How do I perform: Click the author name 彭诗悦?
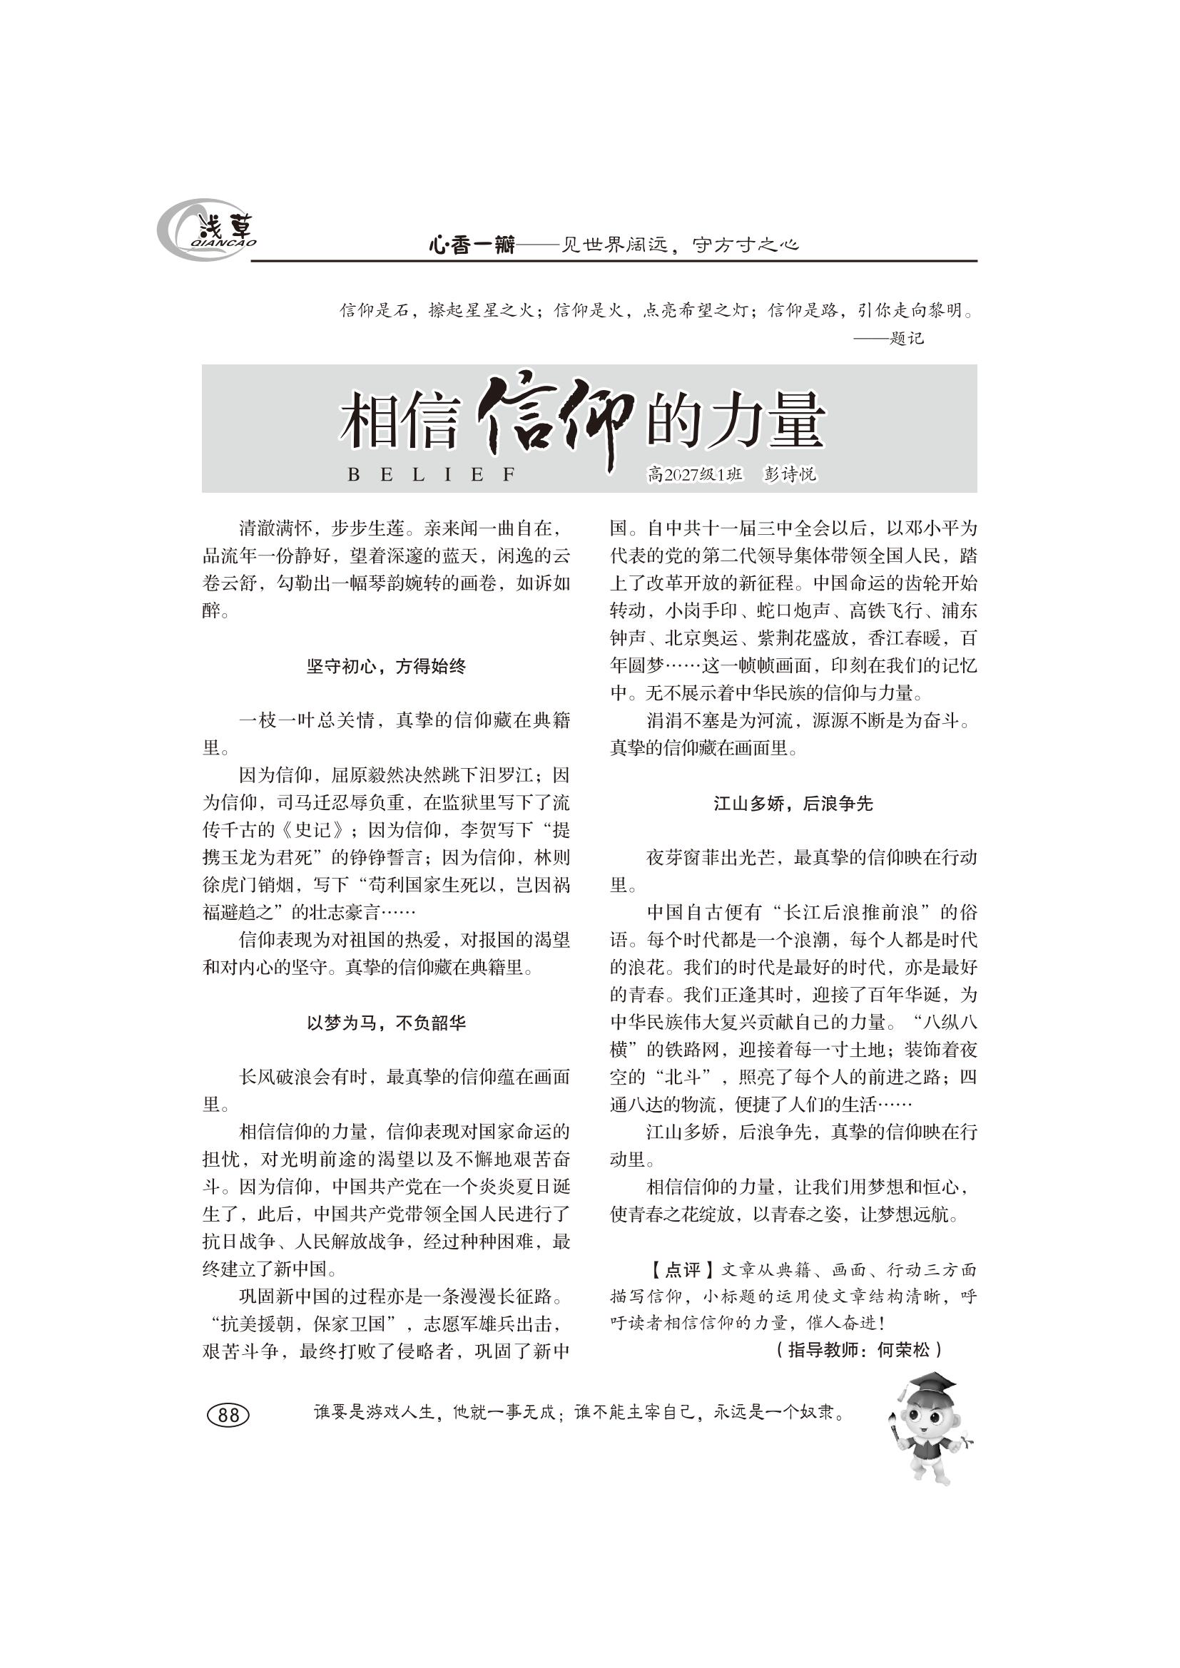(790, 474)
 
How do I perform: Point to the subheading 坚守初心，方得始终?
(386, 666)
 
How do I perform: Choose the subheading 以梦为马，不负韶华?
(386, 1023)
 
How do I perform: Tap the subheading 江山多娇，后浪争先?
(793, 804)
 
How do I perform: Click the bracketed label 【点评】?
(673, 1270)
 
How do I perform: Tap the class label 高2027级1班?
(695, 474)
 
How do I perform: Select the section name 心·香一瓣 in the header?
(472, 245)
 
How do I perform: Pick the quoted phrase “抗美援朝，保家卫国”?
(313, 1324)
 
